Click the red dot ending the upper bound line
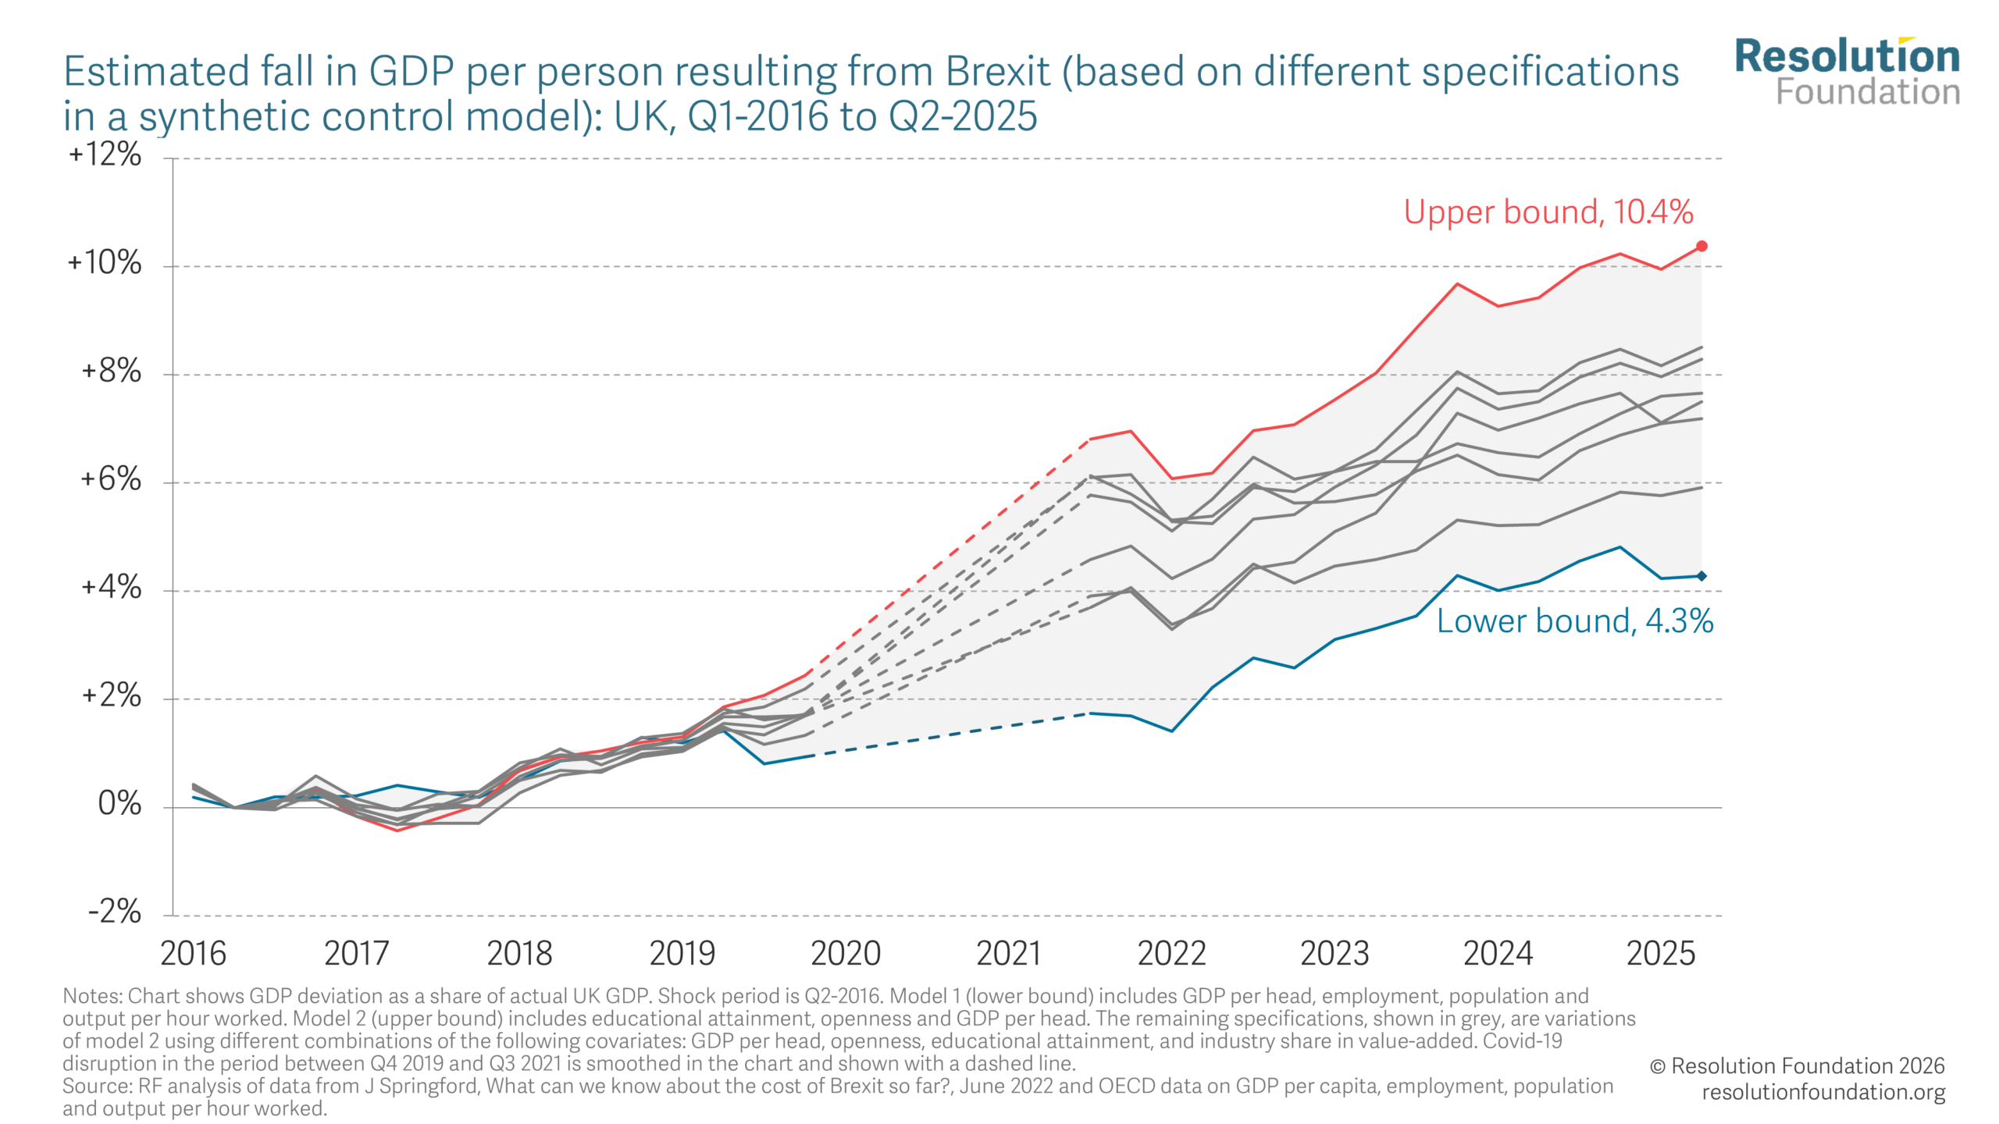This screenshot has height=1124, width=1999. point(1701,246)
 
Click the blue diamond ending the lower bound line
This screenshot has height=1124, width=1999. point(1701,576)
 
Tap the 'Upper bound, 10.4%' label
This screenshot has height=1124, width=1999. point(1548,212)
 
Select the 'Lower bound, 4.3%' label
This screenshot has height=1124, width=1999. point(1574,621)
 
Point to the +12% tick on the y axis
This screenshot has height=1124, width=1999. point(105,155)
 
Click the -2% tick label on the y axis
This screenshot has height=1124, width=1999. point(115,911)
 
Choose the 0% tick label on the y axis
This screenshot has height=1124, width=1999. point(119,803)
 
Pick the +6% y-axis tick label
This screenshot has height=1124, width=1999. point(111,479)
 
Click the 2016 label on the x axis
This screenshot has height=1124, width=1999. point(193,954)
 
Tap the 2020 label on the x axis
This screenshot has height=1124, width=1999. point(846,954)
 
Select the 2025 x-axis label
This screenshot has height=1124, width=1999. point(1661,954)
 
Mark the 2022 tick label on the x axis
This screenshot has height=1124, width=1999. point(1171,954)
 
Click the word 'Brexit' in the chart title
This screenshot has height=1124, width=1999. point(997,72)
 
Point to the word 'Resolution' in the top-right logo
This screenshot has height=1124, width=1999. point(1847,56)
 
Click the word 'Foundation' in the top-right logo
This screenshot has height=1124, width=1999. point(1868,92)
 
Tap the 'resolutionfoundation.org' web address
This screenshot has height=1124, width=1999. point(1823,1092)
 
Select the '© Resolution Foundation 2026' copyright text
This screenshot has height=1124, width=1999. point(1797,1066)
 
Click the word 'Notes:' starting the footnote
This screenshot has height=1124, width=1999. point(92,997)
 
